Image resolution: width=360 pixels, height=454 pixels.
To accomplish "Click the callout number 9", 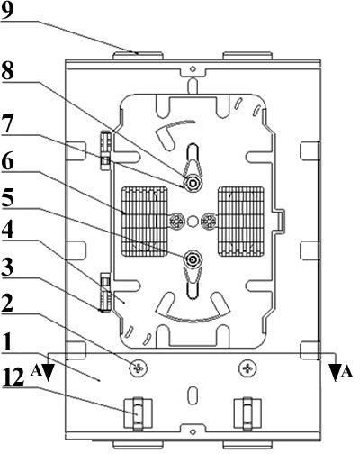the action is [7, 11].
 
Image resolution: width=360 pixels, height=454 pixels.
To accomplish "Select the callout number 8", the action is [7, 71].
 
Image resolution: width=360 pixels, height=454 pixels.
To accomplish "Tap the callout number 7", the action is [7, 125].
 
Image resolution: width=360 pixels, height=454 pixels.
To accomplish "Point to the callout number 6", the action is [7, 162].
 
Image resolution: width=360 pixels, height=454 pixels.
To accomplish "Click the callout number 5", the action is [7, 198].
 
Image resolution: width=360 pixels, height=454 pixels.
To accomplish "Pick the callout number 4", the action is [7, 231].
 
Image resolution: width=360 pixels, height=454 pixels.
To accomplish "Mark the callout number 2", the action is [7, 304].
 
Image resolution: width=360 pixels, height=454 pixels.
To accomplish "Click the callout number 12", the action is [13, 377].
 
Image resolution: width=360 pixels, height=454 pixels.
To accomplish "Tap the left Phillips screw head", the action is [139, 368].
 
